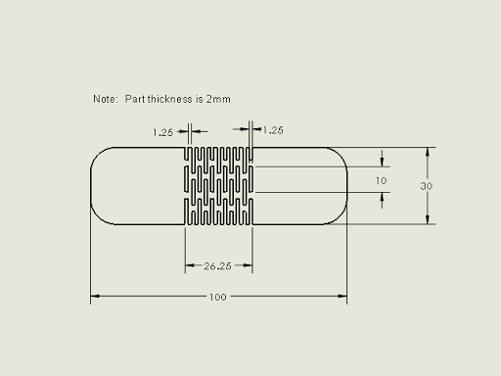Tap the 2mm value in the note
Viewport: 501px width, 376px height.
coord(218,99)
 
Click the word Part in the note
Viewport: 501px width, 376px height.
coord(135,99)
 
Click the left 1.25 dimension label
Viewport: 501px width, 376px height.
coord(162,132)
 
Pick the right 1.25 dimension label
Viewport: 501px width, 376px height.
coord(273,130)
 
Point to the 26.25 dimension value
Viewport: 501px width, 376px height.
coord(217,266)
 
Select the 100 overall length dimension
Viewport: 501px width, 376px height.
coord(217,297)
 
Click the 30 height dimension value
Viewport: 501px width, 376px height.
coord(427,186)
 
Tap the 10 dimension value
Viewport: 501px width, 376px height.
coord(381,180)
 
